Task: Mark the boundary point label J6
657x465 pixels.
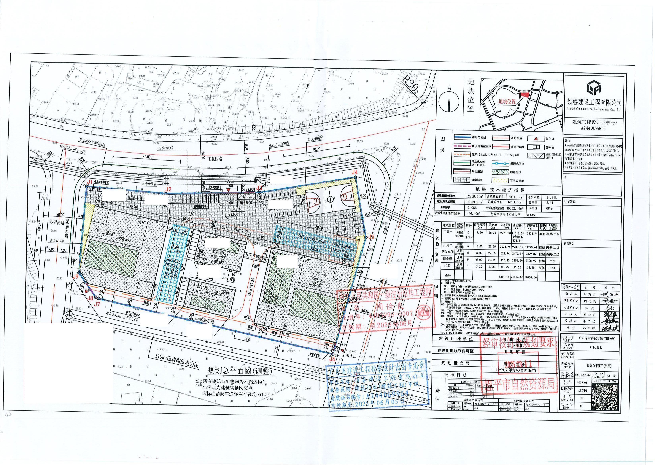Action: click(x=332, y=359)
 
